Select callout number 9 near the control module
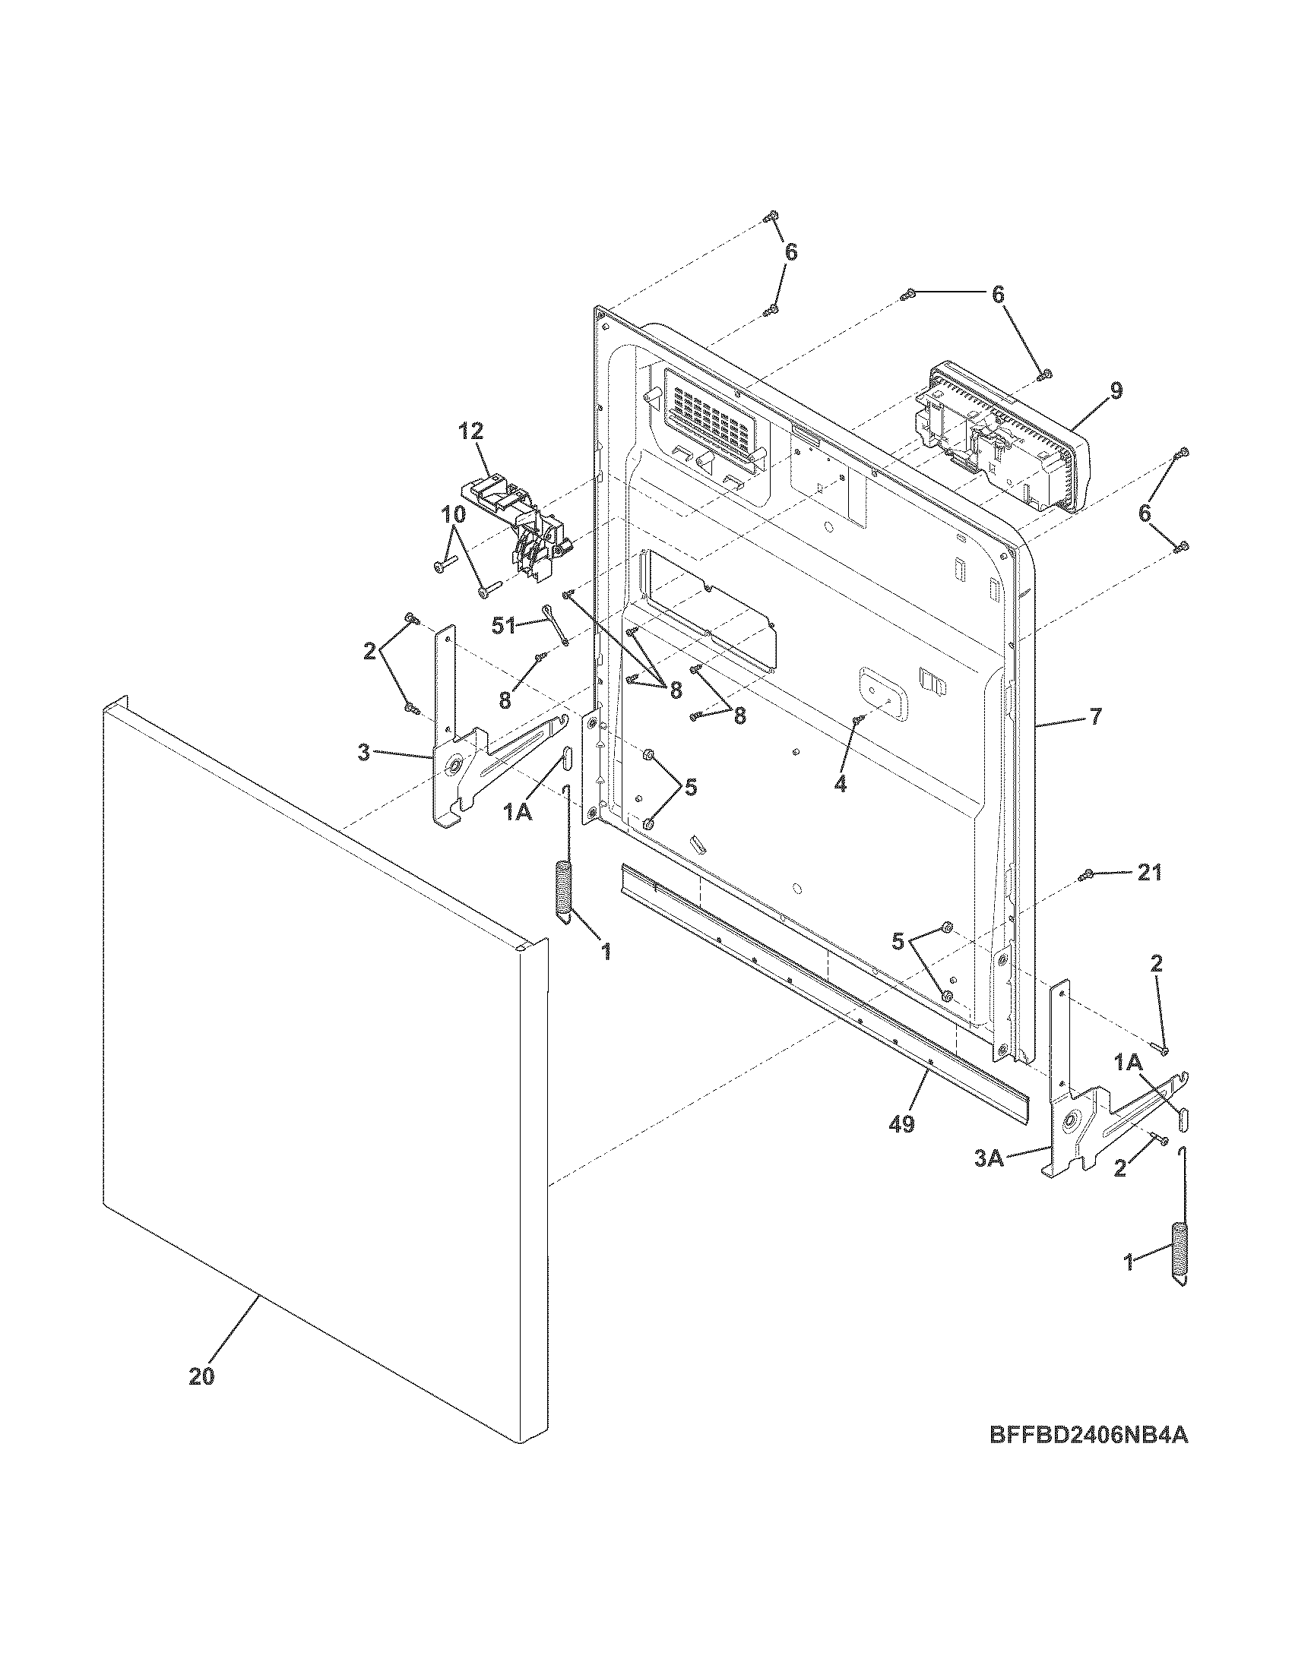point(1116,391)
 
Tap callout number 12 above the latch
point(471,431)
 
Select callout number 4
point(840,785)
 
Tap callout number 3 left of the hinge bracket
point(363,752)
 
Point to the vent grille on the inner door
point(708,417)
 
